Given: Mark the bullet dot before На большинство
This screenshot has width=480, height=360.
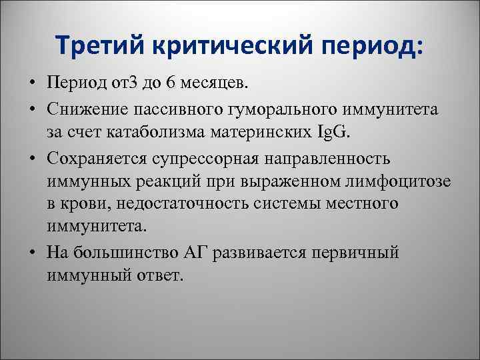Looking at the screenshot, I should pyautogui.click(x=32, y=253).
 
